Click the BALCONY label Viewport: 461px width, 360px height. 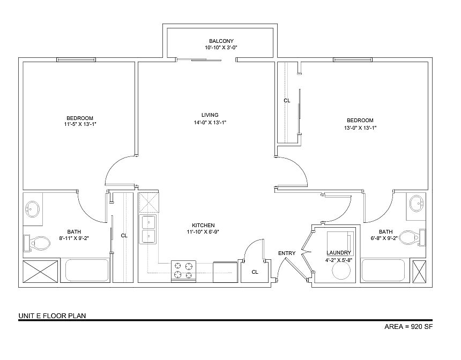tap(221, 41)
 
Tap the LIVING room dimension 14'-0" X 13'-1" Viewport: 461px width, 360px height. tap(210, 123)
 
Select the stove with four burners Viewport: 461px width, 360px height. tap(183, 271)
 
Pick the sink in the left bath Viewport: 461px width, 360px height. tap(32, 209)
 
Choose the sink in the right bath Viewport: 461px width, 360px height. tap(417, 203)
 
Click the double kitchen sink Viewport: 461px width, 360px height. tap(149, 229)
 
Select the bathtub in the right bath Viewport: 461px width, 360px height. tap(383, 270)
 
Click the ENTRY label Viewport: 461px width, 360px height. tap(287, 253)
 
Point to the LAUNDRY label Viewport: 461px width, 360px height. tap(339, 253)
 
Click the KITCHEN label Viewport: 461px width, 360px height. tap(203, 226)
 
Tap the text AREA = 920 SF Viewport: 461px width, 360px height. tap(408, 326)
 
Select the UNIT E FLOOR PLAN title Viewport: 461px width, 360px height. tap(53, 316)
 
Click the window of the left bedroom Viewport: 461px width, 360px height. tap(76, 59)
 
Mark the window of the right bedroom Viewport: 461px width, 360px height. tap(353, 59)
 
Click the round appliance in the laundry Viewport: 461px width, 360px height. tap(341, 271)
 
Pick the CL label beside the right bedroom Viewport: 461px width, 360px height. tap(287, 101)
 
